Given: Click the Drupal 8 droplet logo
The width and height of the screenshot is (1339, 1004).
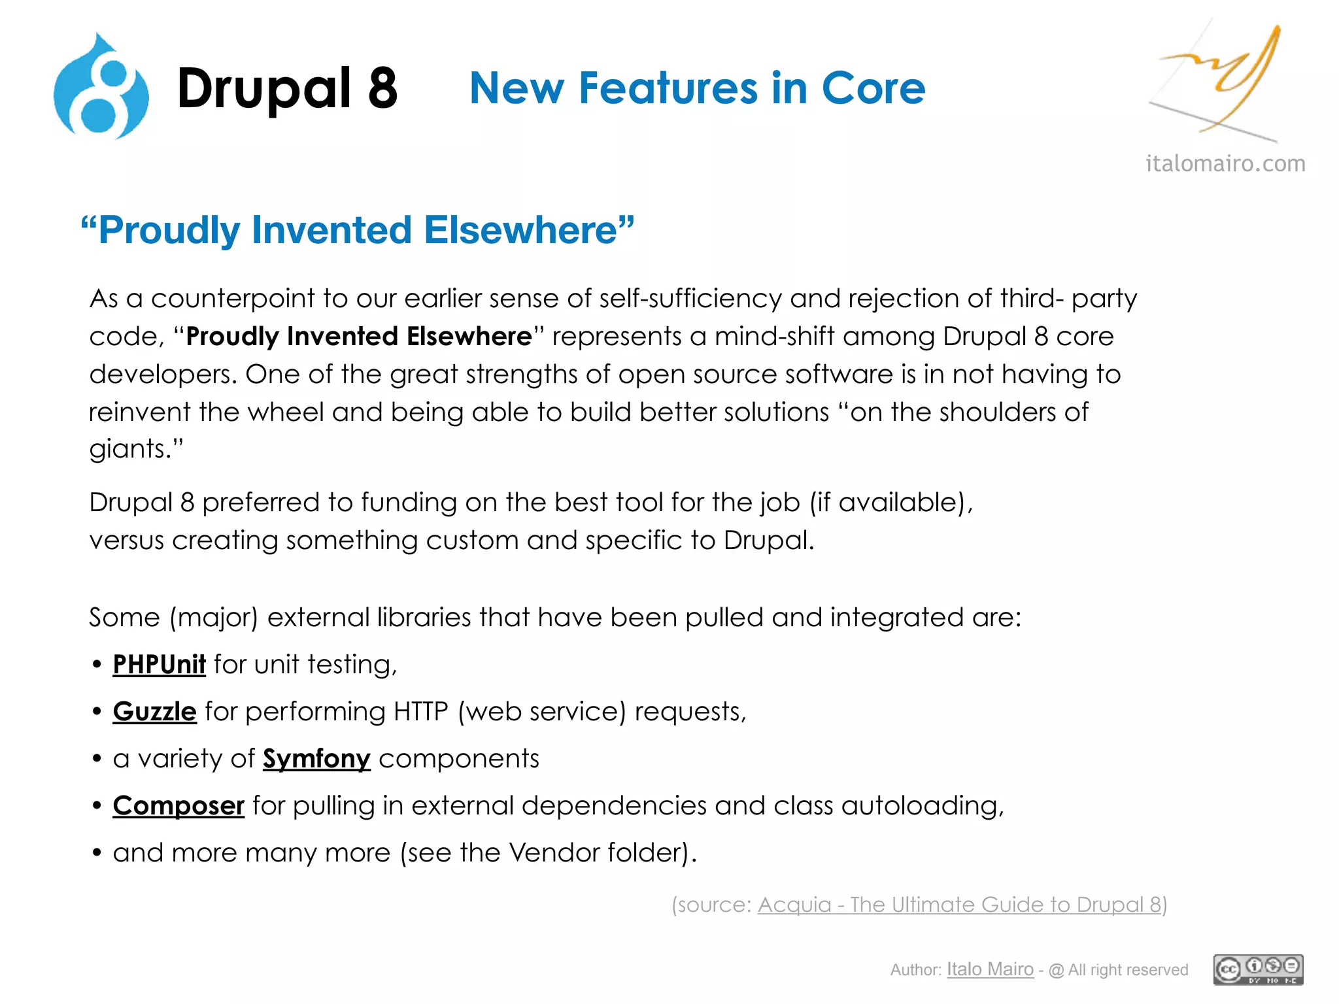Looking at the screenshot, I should pos(101,88).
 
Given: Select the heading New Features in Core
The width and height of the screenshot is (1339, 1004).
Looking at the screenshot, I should pos(697,88).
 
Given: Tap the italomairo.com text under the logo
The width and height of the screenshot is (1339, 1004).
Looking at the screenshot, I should pos(1225,163).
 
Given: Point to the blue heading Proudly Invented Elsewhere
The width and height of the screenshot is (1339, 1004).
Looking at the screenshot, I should pos(357,230).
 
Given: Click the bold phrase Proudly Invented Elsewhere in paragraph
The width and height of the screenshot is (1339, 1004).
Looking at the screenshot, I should pos(359,336).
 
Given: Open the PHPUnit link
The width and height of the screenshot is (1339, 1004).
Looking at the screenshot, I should pos(159,664).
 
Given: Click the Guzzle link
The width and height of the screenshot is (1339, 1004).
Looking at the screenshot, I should pos(154,711).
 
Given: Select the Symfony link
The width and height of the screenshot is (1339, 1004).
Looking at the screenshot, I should pos(316,758).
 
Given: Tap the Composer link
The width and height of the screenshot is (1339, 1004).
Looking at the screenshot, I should pos(178,805).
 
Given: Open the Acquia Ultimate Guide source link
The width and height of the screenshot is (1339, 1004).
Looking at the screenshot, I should pos(959,905).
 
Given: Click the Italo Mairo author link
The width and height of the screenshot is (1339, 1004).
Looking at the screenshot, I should pos(990,969).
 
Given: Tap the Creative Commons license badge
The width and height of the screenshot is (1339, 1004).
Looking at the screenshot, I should pos(1258,969).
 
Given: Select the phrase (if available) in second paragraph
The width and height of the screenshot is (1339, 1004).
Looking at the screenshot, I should pos(891,503).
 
